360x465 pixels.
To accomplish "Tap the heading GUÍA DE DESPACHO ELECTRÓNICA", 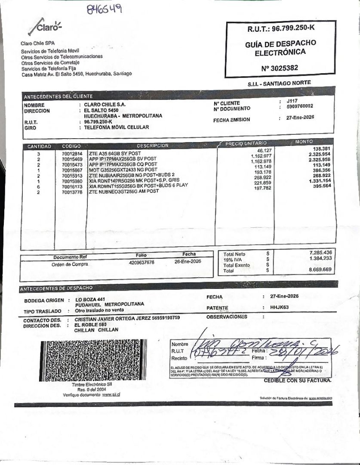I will (280, 48).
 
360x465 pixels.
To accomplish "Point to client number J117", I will (292, 100).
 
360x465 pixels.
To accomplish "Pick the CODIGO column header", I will (71, 146).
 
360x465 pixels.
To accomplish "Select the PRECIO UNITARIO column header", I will (246, 143).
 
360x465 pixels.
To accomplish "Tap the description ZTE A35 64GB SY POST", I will (115, 153).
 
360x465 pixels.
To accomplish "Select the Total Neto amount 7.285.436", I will (320, 252).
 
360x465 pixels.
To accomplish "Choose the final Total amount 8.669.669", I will (320, 270).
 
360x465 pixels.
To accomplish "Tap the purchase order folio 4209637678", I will (142, 262).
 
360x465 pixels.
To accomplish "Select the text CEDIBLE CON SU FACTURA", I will (297, 381).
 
